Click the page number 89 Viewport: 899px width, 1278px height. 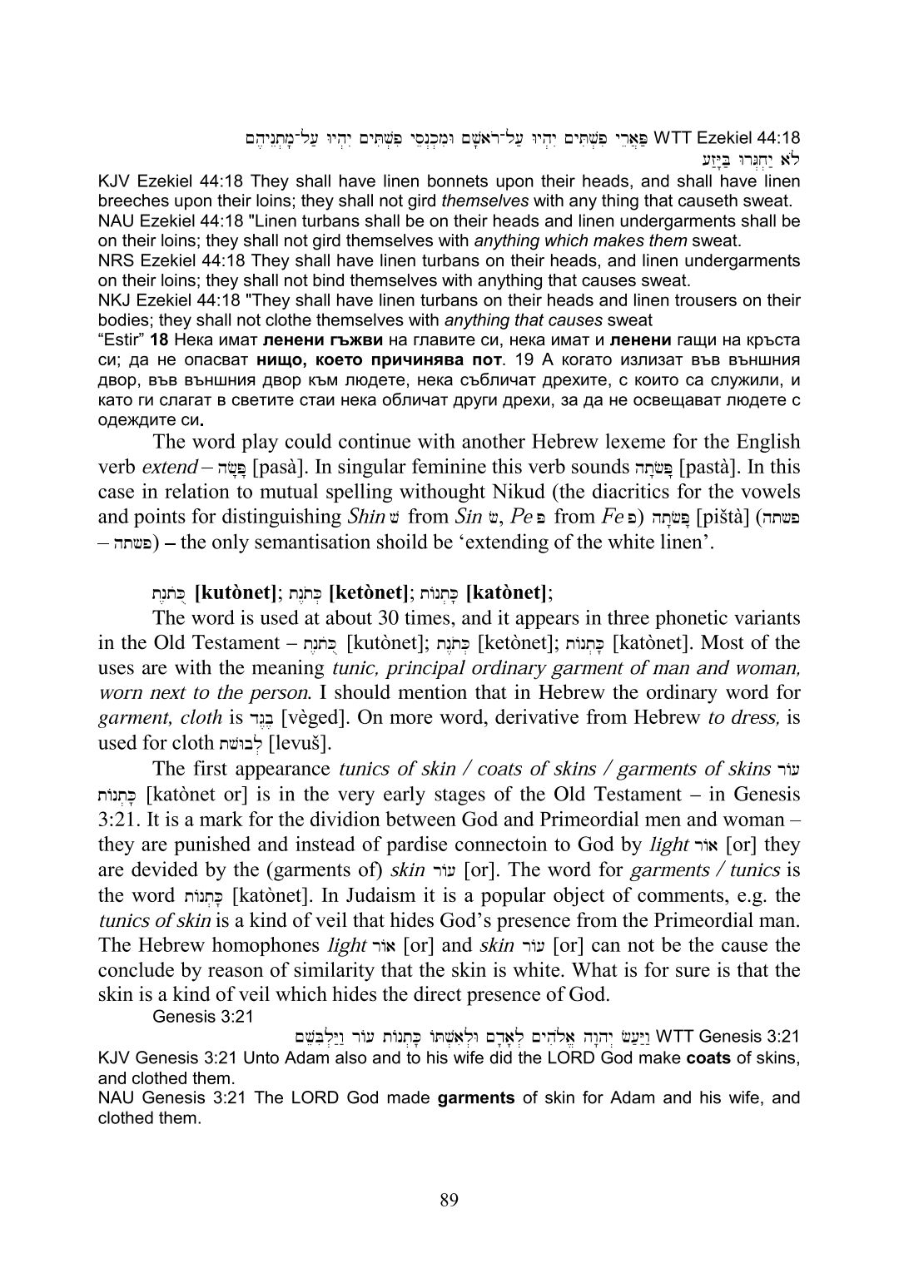[449, 1199]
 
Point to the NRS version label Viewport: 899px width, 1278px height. [113, 260]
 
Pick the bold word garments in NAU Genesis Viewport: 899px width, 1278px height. [478, 1098]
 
